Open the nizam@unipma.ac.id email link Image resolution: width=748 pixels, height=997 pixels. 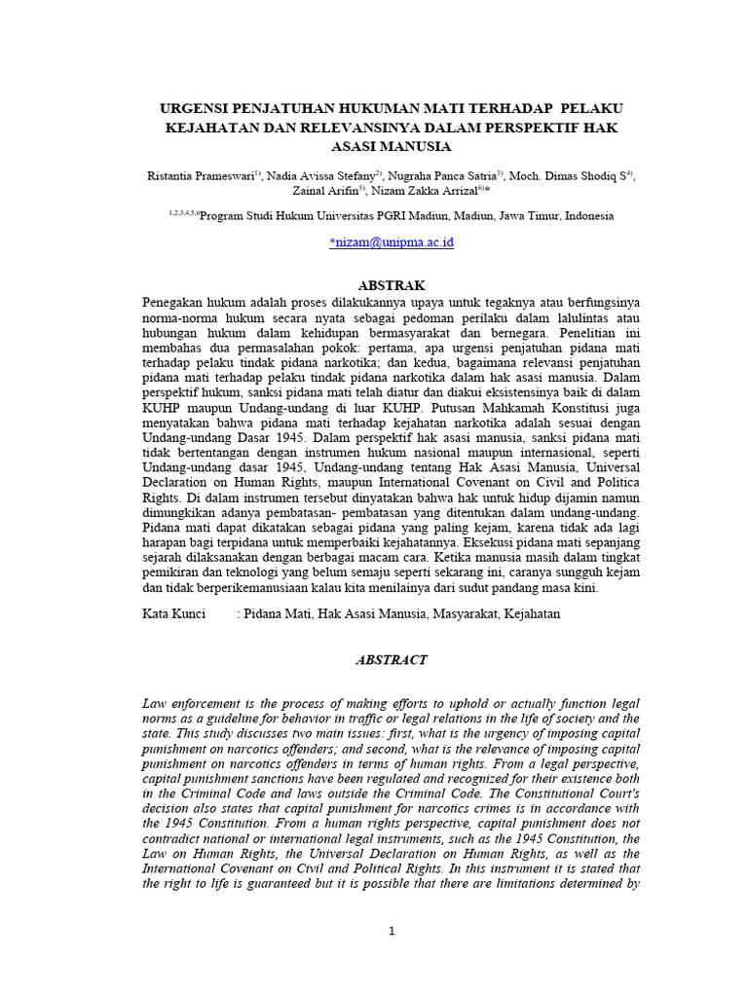click(x=393, y=242)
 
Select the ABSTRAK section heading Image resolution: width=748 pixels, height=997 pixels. click(x=392, y=285)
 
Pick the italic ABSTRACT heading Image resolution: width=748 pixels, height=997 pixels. click(x=392, y=659)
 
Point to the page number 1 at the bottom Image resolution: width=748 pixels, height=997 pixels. click(x=392, y=931)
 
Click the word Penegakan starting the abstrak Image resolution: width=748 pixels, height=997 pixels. click(x=174, y=302)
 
